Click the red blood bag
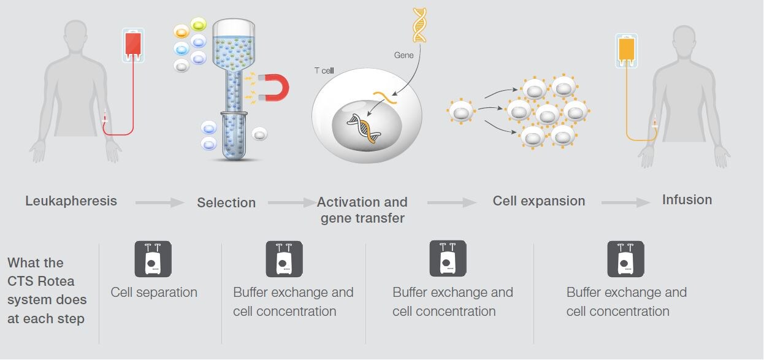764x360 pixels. pyautogui.click(x=133, y=45)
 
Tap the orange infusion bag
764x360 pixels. pyautogui.click(x=627, y=50)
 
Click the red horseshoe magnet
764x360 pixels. pyautogui.click(x=275, y=88)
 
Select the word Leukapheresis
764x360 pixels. pyautogui.click(x=71, y=201)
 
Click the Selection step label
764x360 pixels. pyautogui.click(x=226, y=202)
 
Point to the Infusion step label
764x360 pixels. pyautogui.click(x=687, y=199)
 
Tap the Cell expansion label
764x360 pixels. pyautogui.click(x=539, y=201)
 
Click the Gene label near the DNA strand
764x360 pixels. pyautogui.click(x=403, y=55)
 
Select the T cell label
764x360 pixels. pyautogui.click(x=324, y=71)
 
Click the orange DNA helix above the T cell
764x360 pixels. pyautogui.click(x=419, y=25)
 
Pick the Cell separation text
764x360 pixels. pyautogui.click(x=154, y=293)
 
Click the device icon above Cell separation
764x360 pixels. pyautogui.click(x=153, y=259)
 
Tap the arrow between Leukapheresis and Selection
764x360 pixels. pyautogui.click(x=159, y=203)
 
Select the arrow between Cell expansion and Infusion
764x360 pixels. pyautogui.click(x=625, y=203)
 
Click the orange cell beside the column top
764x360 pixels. pyautogui.click(x=181, y=32)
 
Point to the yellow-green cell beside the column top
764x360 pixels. pyautogui.click(x=199, y=25)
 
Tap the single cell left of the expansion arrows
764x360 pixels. pyautogui.click(x=460, y=111)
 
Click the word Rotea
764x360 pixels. pyautogui.click(x=56, y=281)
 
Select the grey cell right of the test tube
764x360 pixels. pyautogui.click(x=259, y=134)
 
